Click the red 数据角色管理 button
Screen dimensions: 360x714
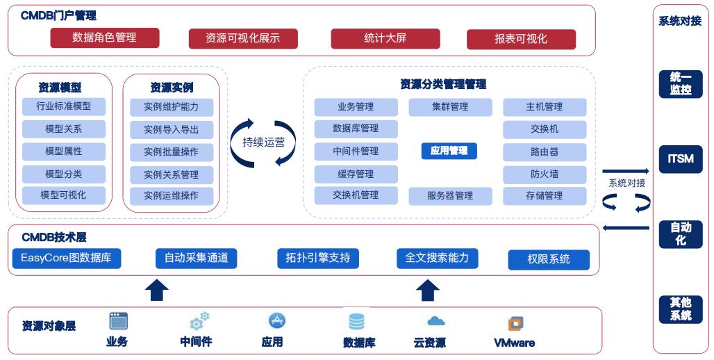click(104, 38)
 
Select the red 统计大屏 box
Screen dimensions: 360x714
click(385, 38)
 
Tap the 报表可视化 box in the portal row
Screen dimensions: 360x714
click(521, 39)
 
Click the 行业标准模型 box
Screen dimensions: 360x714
click(63, 106)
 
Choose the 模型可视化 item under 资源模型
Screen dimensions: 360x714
click(63, 195)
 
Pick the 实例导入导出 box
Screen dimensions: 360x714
click(171, 129)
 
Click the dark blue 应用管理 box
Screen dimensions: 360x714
click(449, 150)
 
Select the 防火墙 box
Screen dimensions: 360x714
click(544, 174)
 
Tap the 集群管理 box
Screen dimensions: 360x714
click(449, 107)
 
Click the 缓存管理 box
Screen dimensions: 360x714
click(356, 174)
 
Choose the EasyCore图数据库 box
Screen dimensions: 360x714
click(66, 259)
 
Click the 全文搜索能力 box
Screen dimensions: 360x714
click(437, 258)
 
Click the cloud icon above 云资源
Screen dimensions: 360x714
click(435, 321)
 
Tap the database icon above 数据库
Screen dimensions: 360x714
click(356, 322)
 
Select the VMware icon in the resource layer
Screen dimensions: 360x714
click(515, 323)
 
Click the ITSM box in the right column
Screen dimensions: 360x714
click(680, 159)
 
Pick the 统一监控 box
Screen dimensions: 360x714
click(680, 84)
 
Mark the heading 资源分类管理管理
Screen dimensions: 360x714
click(442, 84)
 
